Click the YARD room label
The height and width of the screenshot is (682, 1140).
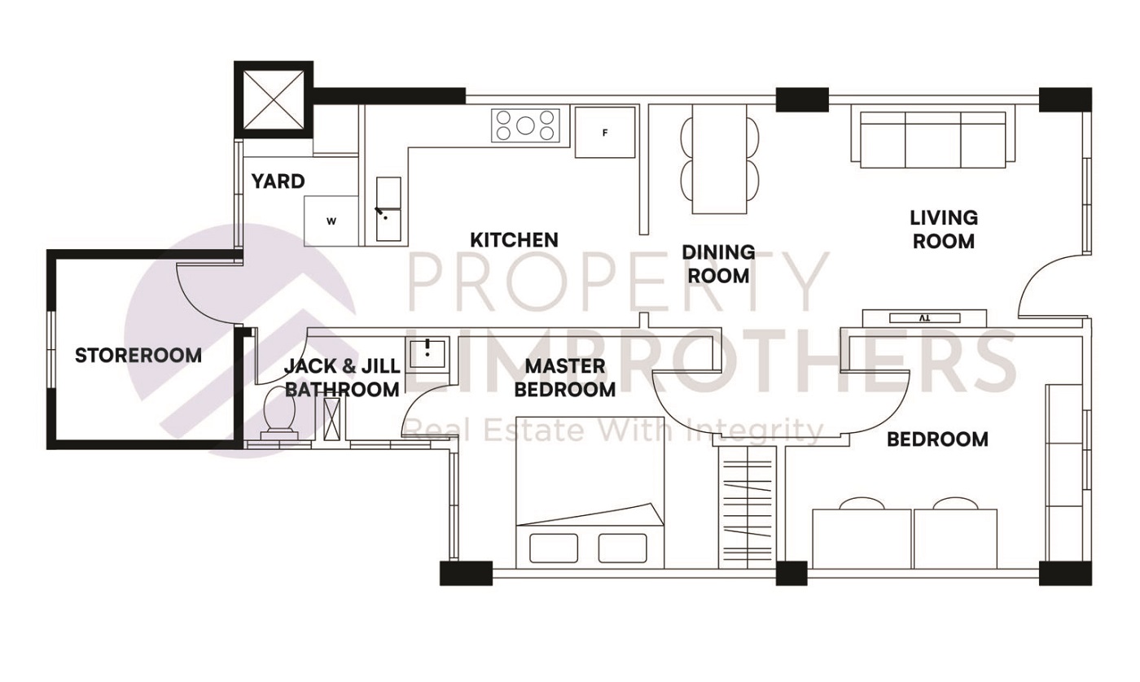click(278, 181)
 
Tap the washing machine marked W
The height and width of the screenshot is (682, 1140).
click(331, 221)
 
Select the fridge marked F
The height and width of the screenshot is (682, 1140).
click(605, 132)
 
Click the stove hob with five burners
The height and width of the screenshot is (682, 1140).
click(525, 125)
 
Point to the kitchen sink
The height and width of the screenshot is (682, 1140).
click(388, 209)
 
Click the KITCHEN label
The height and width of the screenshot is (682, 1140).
click(514, 240)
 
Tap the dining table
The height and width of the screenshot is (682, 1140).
click(720, 160)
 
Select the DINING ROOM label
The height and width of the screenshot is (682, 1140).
click(718, 264)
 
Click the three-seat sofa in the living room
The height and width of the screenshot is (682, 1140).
click(933, 140)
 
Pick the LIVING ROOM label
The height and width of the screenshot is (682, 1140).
click(944, 230)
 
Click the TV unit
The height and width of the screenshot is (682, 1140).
click(924, 318)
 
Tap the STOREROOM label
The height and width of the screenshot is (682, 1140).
click(138, 356)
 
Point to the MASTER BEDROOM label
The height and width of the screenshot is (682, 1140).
click(565, 378)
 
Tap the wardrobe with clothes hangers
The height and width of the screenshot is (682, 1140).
click(748, 508)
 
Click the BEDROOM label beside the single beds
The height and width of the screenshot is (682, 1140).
click(937, 439)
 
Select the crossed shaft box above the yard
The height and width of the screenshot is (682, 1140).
click(274, 99)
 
